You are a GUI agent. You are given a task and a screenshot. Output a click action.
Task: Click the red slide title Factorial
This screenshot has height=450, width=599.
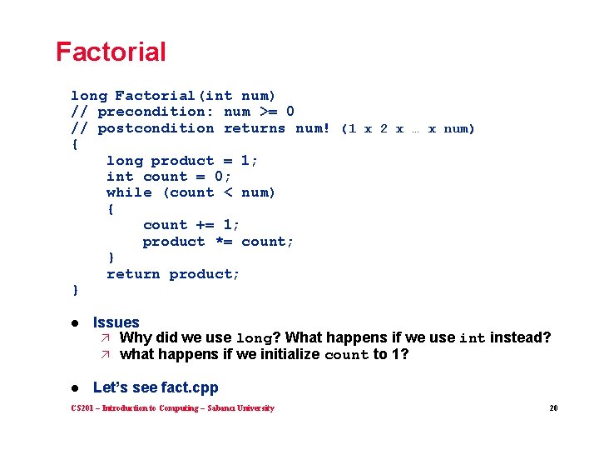[x=111, y=52]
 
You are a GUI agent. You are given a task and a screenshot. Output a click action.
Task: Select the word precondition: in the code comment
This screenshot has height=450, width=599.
[x=156, y=112]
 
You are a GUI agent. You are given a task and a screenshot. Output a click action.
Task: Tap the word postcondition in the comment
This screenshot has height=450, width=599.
[x=156, y=128]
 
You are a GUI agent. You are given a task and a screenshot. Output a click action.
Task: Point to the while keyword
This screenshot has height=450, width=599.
[x=129, y=192]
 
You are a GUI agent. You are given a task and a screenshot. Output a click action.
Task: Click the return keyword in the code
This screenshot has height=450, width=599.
[x=133, y=274]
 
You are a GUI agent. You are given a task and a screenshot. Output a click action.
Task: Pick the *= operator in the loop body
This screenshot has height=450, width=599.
[x=223, y=242]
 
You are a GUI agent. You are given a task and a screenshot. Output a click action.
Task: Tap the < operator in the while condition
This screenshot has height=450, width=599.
[x=227, y=192]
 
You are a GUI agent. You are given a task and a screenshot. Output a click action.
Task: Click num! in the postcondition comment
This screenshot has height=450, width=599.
[x=313, y=128]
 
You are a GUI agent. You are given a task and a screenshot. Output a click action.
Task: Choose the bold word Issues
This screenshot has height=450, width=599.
[x=116, y=322]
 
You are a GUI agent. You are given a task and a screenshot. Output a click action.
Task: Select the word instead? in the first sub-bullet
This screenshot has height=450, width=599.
[x=520, y=337]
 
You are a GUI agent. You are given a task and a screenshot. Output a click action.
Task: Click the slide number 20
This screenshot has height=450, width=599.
[x=553, y=408]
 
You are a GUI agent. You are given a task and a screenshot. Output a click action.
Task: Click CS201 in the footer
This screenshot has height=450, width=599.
[x=83, y=408]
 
